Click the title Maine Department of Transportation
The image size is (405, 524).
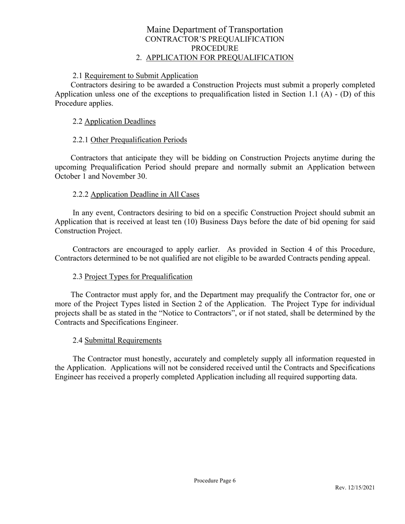click(214, 29)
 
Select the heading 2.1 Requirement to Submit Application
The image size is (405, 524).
click(135, 76)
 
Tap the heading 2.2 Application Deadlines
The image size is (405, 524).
click(114, 121)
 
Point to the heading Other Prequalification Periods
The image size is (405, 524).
click(139, 140)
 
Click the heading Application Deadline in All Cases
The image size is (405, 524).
click(145, 194)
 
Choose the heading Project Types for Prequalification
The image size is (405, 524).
click(138, 276)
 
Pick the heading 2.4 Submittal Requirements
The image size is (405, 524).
click(117, 340)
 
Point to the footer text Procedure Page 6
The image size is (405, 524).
click(214, 481)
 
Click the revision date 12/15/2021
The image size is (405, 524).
click(361, 488)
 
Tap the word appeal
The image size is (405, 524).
click(359, 258)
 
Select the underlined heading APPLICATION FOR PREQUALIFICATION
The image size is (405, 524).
click(220, 58)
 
